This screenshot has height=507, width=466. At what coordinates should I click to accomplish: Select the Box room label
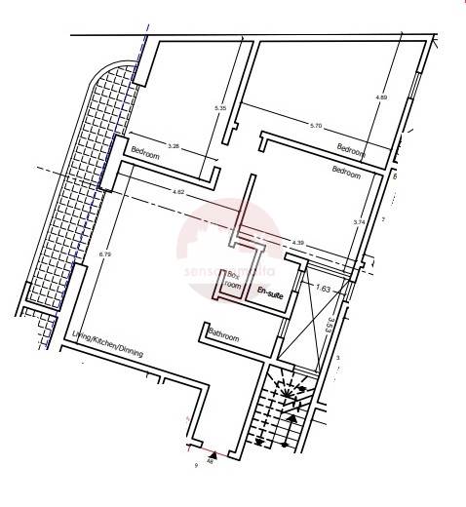[233, 281]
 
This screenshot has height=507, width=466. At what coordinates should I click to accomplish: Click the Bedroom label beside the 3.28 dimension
[145, 154]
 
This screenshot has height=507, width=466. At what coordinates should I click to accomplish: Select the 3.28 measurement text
[174, 146]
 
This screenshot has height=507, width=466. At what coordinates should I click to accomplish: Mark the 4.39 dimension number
[297, 242]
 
